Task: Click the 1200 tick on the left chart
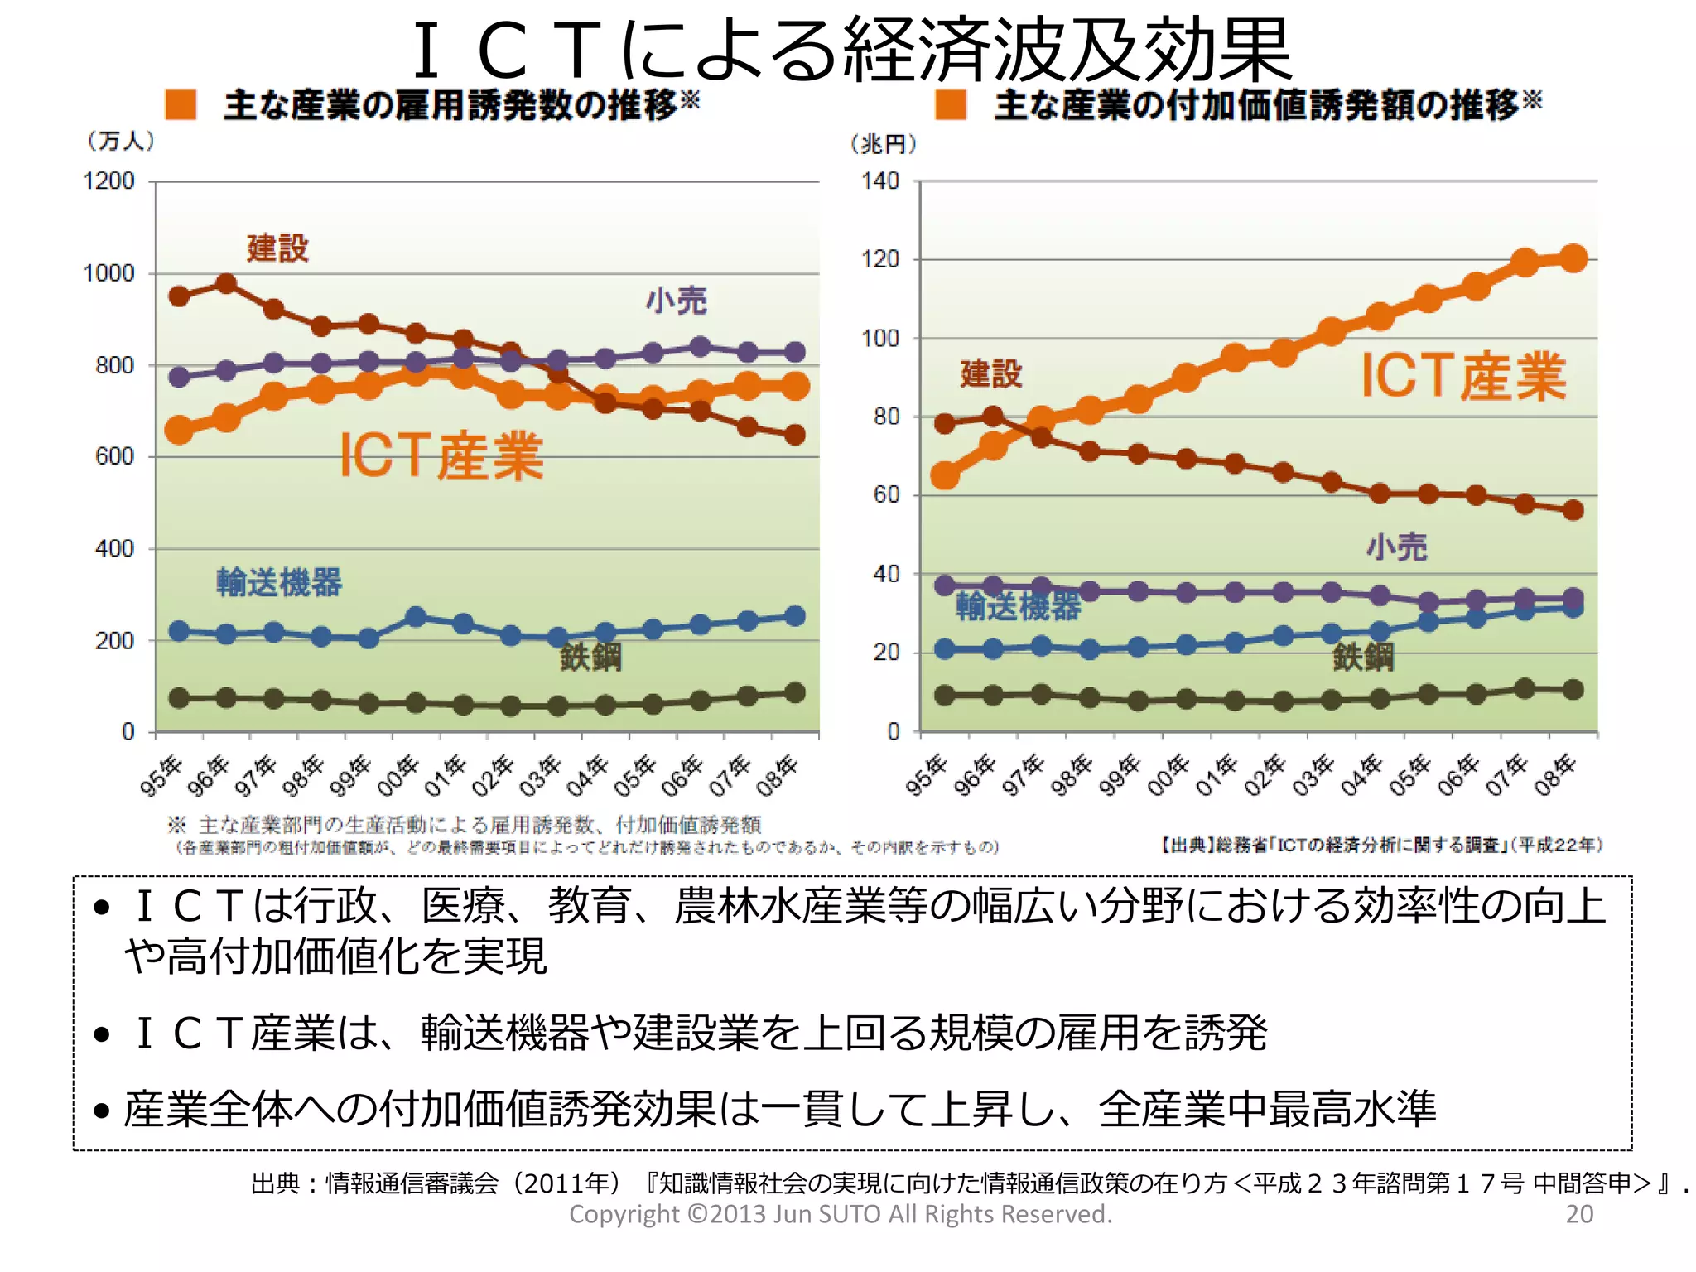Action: [108, 181]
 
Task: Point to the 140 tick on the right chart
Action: [879, 181]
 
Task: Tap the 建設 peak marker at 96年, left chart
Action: [226, 284]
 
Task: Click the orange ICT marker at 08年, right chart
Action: [1573, 258]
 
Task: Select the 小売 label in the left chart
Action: [676, 301]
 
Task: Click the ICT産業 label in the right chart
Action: [1463, 377]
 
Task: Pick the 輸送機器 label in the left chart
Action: [278, 582]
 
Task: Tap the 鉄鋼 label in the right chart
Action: [1362, 657]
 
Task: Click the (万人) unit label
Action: [121, 141]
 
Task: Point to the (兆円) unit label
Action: [884, 144]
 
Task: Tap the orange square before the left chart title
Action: [181, 105]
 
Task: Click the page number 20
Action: [1579, 1214]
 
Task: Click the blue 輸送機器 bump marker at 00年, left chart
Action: [416, 617]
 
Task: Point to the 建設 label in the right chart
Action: [990, 373]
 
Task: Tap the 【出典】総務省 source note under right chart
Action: [1381, 845]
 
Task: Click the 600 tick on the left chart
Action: [114, 456]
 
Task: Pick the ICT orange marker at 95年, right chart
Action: [945, 475]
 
